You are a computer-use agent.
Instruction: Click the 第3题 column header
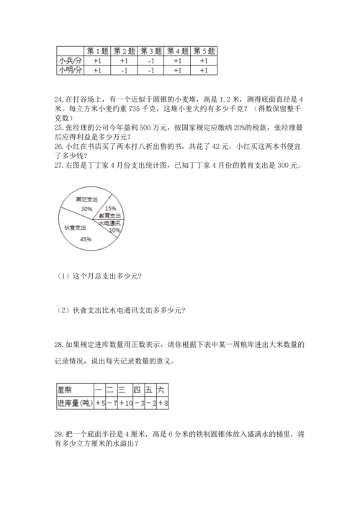(x=151, y=51)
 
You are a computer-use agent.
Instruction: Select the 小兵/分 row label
(x=70, y=61)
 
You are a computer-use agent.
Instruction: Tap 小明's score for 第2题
(x=124, y=71)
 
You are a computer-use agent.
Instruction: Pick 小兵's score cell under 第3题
(x=151, y=61)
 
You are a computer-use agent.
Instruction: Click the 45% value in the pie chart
(x=86, y=238)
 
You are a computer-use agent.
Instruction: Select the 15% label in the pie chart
(x=111, y=207)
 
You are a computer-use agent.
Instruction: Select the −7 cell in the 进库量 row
(x=112, y=403)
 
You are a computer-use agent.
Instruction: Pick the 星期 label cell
(x=66, y=389)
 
